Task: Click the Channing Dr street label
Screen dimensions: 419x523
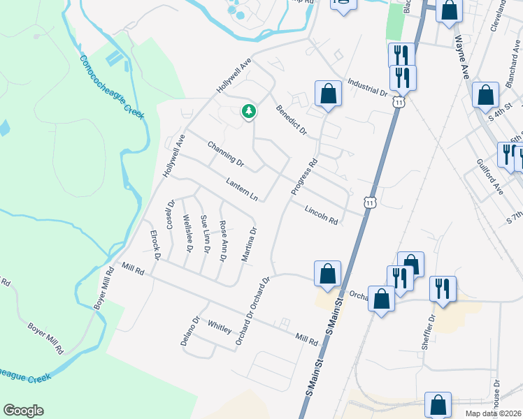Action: click(x=225, y=154)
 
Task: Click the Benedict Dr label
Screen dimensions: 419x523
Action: click(x=292, y=119)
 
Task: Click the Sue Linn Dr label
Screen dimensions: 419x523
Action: click(x=206, y=235)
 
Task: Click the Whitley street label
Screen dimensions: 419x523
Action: click(x=220, y=326)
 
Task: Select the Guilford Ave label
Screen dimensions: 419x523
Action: click(x=489, y=179)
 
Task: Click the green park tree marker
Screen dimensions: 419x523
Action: click(x=248, y=111)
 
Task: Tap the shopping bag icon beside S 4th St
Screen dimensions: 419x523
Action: click(x=485, y=96)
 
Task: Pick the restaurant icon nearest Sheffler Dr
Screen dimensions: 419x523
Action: click(x=442, y=287)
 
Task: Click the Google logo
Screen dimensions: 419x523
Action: click(x=24, y=411)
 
